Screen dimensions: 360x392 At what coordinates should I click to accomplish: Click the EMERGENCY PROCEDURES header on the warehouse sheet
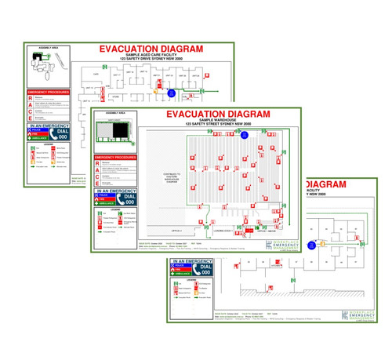tap(115, 157)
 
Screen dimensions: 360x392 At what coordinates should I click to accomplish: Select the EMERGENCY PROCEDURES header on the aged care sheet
tap(49, 92)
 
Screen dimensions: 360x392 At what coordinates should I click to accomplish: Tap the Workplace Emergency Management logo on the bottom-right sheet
tap(362, 315)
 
